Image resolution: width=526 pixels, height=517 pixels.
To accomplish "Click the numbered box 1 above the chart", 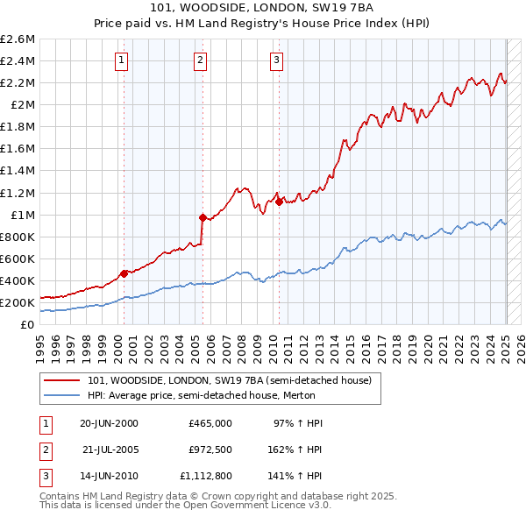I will [121, 60].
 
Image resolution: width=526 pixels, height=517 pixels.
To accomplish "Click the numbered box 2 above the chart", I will [200, 60].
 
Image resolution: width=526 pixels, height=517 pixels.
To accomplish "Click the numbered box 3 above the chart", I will [276, 60].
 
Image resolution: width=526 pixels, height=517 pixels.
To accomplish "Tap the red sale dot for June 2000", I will [124, 273].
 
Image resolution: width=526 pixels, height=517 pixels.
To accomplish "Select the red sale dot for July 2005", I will [203, 217].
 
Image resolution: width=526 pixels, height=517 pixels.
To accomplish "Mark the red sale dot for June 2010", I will [279, 202].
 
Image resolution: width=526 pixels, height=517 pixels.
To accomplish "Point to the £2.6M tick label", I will [18, 39].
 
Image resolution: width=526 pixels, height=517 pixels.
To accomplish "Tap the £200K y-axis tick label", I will [18, 302].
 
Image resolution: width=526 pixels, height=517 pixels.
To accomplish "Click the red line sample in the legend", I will [62, 380].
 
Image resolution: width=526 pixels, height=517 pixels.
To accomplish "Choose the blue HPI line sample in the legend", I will [62, 395].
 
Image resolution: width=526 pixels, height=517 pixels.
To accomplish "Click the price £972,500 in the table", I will [210, 450].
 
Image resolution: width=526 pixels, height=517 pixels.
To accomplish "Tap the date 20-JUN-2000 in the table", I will [109, 423].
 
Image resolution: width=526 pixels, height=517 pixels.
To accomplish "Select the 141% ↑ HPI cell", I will [296, 478].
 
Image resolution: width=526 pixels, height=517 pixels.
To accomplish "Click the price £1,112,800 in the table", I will [205, 478].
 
